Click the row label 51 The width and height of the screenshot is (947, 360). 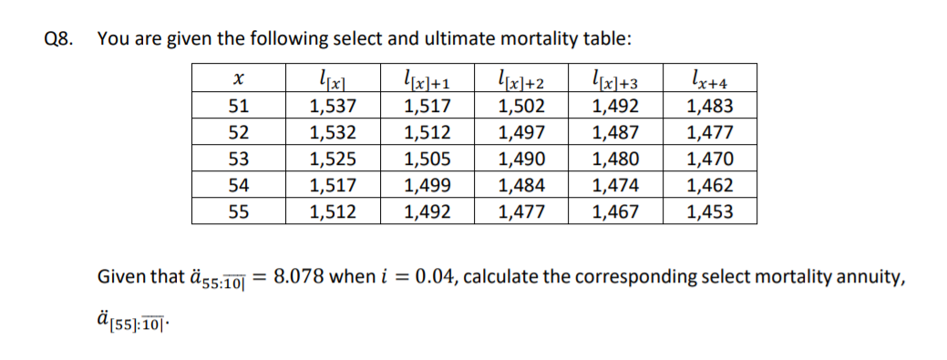pyautogui.click(x=237, y=107)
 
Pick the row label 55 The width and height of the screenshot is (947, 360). pyautogui.click(x=237, y=213)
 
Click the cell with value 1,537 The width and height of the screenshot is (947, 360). pyautogui.click(x=332, y=107)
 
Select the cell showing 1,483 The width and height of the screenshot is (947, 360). pyautogui.click(x=708, y=107)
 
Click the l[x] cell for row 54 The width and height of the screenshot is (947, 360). pyautogui.click(x=332, y=187)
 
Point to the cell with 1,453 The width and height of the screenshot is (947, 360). pyautogui.click(x=708, y=213)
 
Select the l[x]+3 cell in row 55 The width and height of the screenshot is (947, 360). pyautogui.click(x=614, y=213)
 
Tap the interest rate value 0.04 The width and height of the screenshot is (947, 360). pyautogui.click(x=429, y=277)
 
